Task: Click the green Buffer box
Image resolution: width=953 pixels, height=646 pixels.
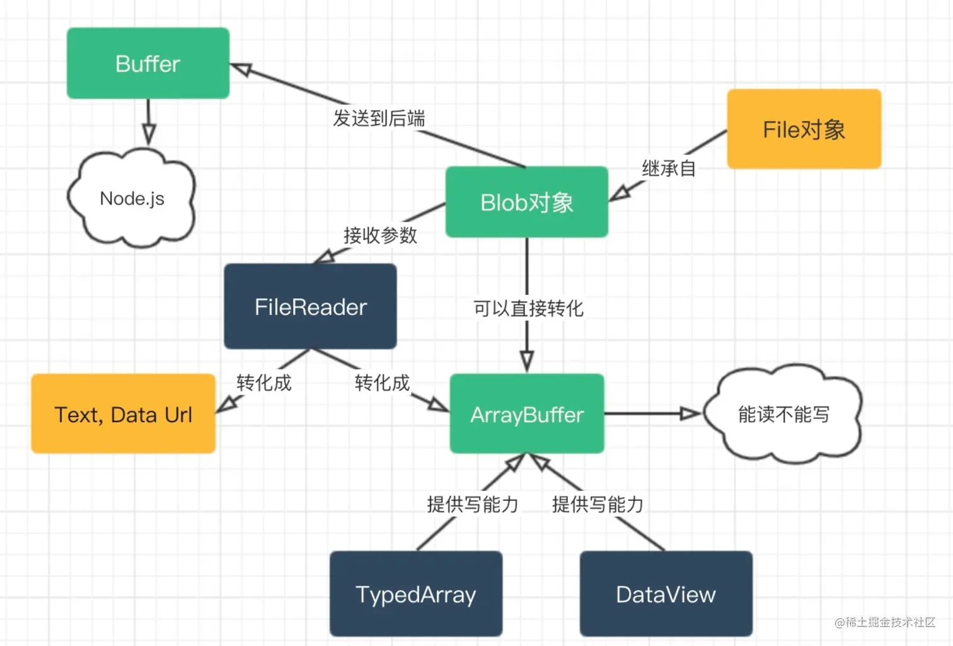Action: tap(148, 63)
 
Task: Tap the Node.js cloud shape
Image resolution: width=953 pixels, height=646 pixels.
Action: tap(132, 199)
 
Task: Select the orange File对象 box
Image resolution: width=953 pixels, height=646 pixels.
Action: tap(804, 129)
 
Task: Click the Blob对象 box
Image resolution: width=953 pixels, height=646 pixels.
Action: tap(527, 202)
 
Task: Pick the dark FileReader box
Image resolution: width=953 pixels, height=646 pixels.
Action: tap(310, 307)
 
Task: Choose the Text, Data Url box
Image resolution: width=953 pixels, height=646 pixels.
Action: tap(124, 414)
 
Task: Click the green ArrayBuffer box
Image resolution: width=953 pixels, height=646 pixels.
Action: tap(527, 414)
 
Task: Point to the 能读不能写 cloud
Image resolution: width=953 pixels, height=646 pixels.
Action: tap(783, 414)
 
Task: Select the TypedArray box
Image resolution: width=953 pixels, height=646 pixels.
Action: tap(416, 594)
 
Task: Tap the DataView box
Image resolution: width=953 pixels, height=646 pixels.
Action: tap(666, 594)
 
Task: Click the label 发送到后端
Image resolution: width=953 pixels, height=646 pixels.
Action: tap(379, 118)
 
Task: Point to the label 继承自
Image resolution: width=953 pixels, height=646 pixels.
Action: tap(668, 168)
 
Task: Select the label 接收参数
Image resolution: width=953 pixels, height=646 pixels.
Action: tap(380, 235)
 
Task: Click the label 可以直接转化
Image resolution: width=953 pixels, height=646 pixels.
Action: tap(528, 308)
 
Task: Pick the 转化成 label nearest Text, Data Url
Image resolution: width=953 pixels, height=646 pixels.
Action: tap(263, 383)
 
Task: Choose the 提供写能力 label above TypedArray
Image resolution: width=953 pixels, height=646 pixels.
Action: tap(472, 504)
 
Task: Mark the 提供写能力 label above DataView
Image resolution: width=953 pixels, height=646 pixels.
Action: tap(598, 504)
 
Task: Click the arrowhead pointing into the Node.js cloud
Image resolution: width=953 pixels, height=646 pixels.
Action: tap(149, 134)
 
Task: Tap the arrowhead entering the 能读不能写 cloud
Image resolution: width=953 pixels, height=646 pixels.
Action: tap(690, 413)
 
